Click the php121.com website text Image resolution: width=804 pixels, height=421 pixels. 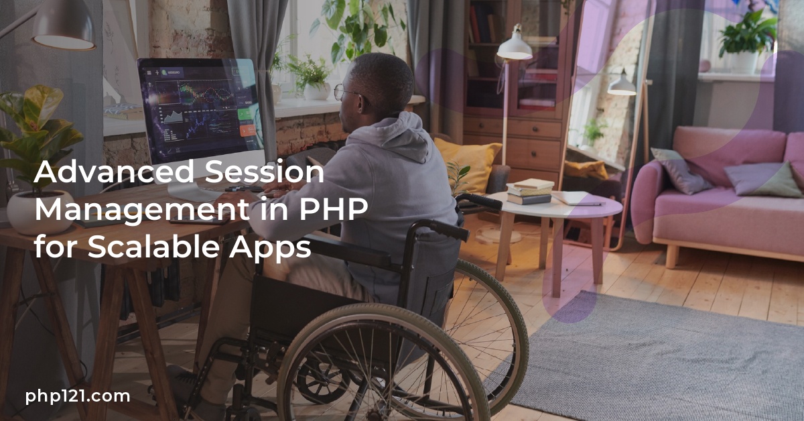(77, 396)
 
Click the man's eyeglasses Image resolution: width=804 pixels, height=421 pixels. (345, 93)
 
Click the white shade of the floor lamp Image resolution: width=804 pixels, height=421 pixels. (515, 48)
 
